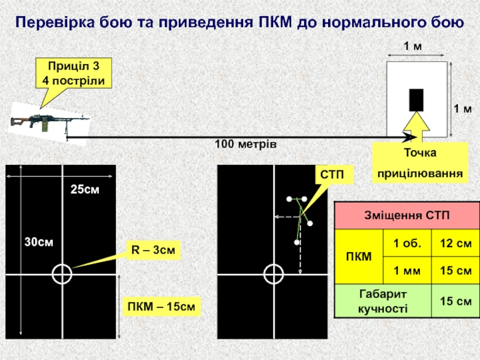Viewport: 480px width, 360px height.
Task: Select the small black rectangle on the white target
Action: coord(416,100)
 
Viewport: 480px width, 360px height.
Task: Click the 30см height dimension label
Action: coord(38,242)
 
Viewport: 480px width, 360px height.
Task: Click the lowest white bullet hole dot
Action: coord(296,242)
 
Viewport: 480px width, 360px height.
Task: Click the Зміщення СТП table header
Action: coord(408,215)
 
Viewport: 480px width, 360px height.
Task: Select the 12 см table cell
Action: coord(455,243)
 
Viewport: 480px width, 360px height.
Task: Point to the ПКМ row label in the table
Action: coord(359,257)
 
